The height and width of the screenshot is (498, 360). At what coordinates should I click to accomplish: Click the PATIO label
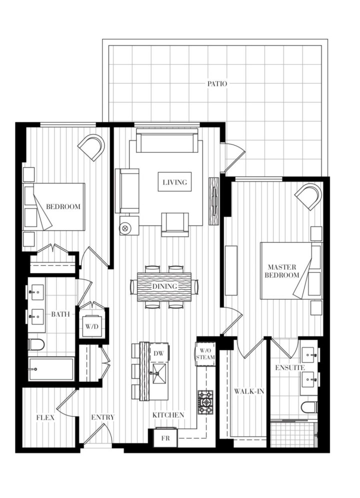tap(217, 84)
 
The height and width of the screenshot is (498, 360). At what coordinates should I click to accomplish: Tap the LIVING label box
tap(175, 182)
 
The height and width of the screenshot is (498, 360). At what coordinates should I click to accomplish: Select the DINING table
tap(164, 286)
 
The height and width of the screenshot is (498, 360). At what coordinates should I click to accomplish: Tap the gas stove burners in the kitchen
tap(205, 401)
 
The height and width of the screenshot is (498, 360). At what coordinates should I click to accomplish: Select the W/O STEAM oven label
tap(205, 353)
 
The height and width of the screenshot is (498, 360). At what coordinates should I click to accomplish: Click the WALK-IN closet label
tap(248, 391)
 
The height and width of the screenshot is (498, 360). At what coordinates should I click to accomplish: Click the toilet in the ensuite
tap(308, 407)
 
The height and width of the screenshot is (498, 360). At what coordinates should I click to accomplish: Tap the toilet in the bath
tap(36, 344)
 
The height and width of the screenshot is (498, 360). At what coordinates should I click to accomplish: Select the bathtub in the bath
tap(51, 369)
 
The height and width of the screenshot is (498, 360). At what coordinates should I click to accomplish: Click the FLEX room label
tap(45, 417)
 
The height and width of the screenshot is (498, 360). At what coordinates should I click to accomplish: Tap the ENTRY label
tap(102, 417)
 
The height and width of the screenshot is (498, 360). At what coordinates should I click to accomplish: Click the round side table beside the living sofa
tap(125, 227)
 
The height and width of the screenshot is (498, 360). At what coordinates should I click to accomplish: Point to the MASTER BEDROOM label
tap(283, 270)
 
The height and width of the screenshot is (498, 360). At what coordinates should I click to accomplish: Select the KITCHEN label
tap(168, 415)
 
